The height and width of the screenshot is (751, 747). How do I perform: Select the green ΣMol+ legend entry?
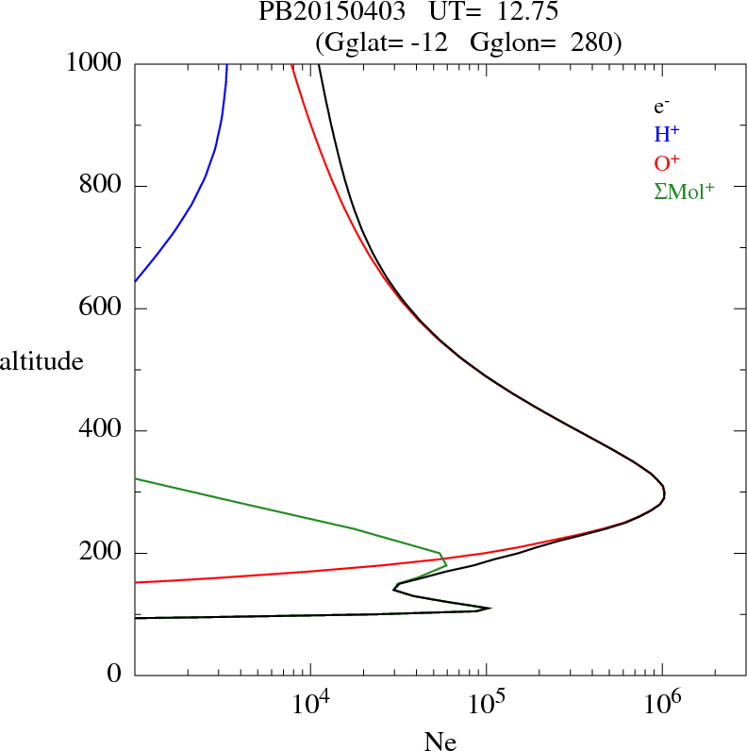tap(684, 191)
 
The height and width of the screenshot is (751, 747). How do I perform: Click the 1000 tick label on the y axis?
tap(94, 63)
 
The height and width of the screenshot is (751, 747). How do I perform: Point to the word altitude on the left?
tap(41, 360)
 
